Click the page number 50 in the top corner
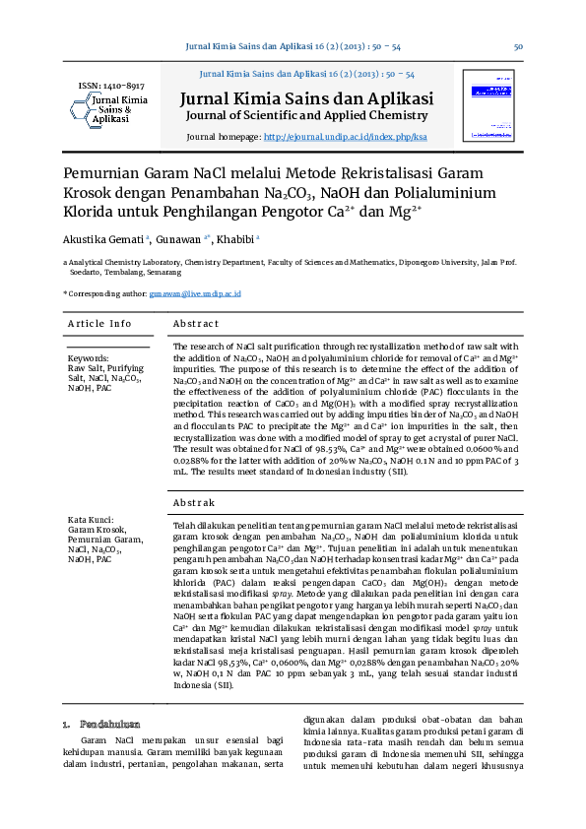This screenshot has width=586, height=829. click(x=517, y=47)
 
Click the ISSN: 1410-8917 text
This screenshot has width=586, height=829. click(x=110, y=87)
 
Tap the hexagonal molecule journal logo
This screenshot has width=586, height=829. click(x=82, y=110)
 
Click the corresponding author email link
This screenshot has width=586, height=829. click(x=195, y=294)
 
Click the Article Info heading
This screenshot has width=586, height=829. click(x=99, y=324)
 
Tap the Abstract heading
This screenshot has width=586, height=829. click(x=195, y=324)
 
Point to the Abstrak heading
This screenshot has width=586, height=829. click(x=194, y=503)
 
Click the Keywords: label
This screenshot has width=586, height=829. click(x=89, y=358)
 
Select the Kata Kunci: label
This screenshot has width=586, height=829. click(x=92, y=520)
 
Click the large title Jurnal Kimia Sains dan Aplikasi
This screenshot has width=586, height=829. click(x=305, y=98)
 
